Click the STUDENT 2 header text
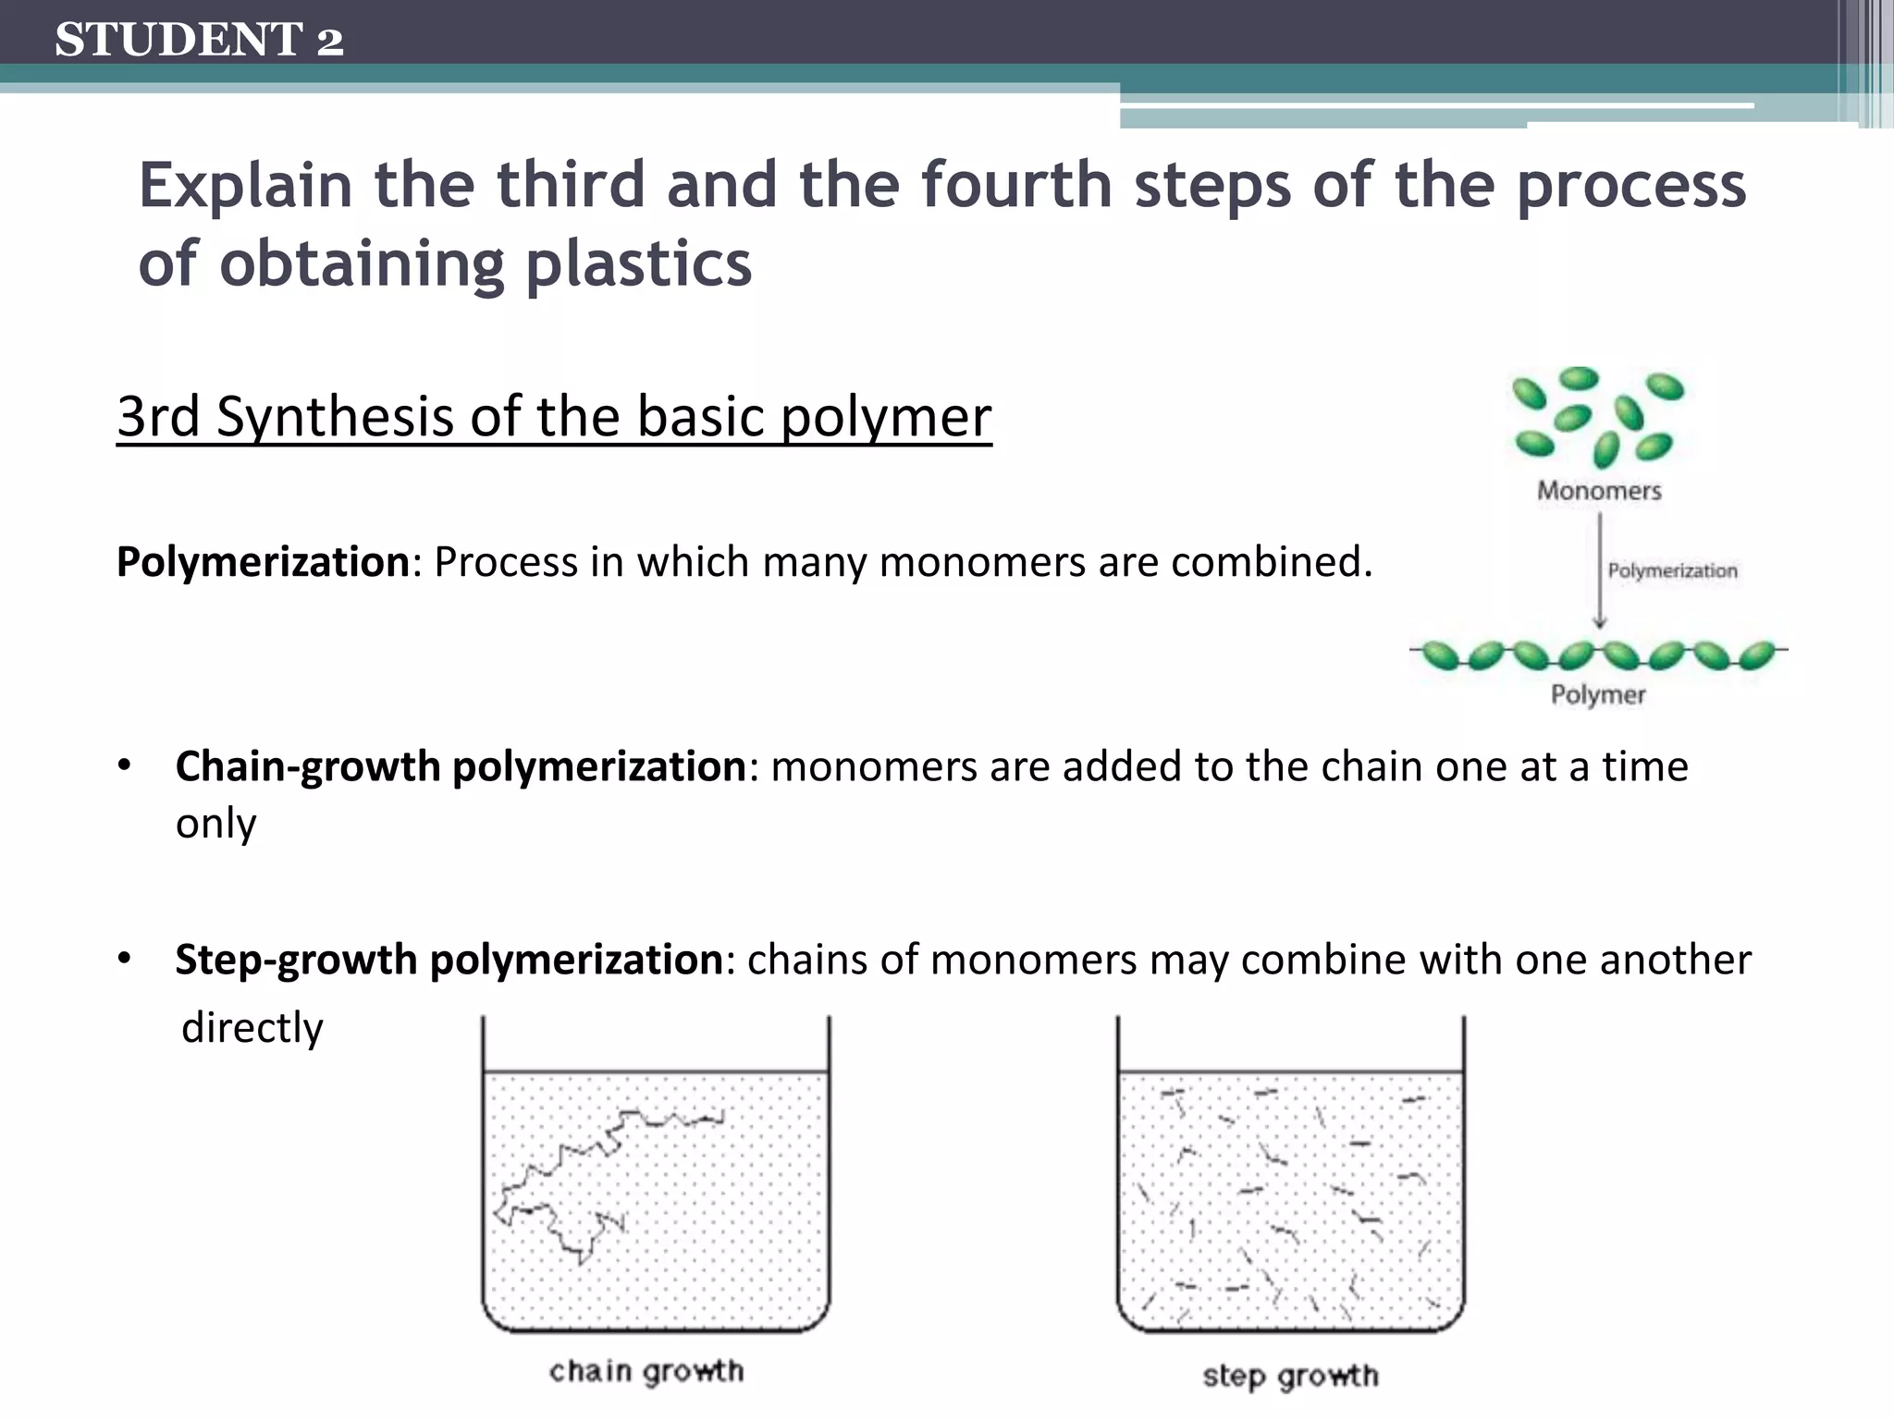(x=199, y=40)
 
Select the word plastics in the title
(x=638, y=264)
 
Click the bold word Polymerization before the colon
(x=263, y=562)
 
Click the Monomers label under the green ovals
(x=1599, y=491)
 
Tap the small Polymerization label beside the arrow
(x=1672, y=571)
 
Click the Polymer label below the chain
(x=1598, y=695)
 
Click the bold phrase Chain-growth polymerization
(x=461, y=766)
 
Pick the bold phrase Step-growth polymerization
(x=449, y=960)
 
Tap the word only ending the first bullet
(x=215, y=823)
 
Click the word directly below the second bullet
(x=252, y=1028)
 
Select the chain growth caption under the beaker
(x=646, y=1372)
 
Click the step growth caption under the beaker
(x=1290, y=1377)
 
